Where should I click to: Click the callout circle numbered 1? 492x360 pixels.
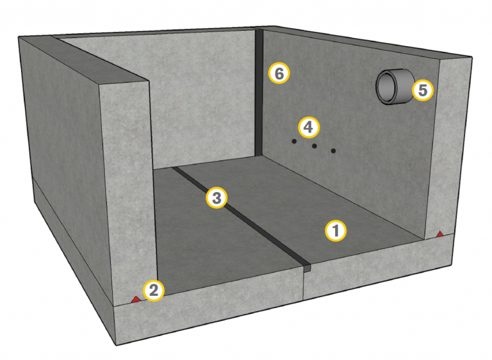(336, 231)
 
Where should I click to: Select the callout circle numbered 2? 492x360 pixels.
(154, 290)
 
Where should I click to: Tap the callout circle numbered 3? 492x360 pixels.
(217, 198)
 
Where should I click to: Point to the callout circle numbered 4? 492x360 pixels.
(309, 127)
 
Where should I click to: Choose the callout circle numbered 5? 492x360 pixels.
(423, 90)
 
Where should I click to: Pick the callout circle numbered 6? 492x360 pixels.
(279, 74)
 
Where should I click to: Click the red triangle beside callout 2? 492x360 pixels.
(136, 299)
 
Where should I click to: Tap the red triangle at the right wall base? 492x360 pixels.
(440, 234)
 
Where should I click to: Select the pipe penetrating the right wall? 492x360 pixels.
(395, 86)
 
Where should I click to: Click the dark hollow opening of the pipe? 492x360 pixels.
(387, 87)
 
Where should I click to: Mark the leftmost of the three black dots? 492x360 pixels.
(294, 141)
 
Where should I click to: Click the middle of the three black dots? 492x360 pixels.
(314, 146)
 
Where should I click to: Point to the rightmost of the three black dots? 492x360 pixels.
(333, 151)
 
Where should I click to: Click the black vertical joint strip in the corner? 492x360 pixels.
(259, 93)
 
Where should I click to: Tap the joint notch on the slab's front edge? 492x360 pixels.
(307, 268)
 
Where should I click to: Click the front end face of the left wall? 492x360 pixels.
(127, 188)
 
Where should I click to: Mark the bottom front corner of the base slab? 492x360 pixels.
(117, 345)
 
